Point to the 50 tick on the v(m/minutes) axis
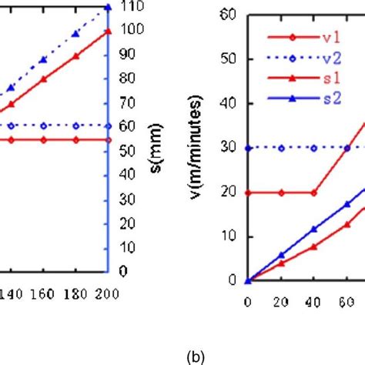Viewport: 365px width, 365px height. coord(229,59)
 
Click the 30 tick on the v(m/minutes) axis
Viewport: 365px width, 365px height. coord(229,148)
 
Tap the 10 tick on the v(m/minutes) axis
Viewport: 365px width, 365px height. coord(229,236)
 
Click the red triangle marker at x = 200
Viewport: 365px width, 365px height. coord(108,31)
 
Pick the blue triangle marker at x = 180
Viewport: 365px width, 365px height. coord(75,34)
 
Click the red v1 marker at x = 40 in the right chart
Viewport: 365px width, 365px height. coord(313,193)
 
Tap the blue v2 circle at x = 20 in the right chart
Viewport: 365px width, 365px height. coord(281,148)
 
